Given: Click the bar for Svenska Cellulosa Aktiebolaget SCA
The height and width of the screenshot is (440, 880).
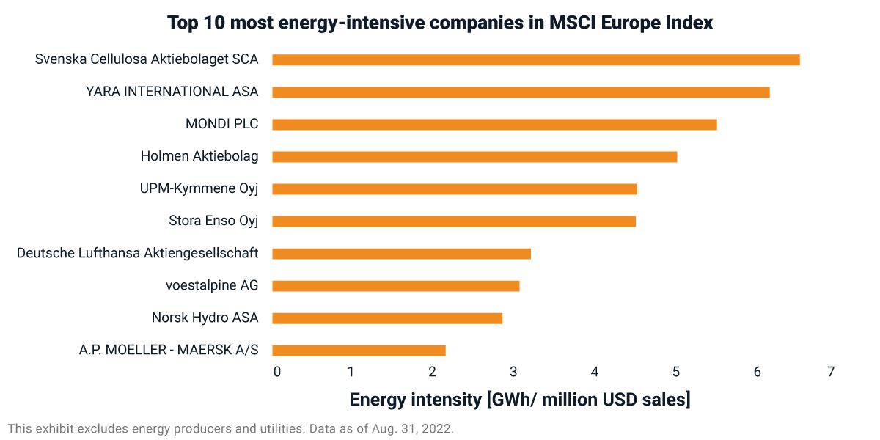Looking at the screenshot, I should (x=535, y=59).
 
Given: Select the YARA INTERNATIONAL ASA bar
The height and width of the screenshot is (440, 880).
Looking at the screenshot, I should (x=521, y=92).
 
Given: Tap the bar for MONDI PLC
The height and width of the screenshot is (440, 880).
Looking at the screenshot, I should (x=494, y=124).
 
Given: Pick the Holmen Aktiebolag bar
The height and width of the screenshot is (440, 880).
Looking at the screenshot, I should (x=474, y=156).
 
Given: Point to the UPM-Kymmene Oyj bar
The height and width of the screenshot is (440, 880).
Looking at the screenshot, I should (x=455, y=188).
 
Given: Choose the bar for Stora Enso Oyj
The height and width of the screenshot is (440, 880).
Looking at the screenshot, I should (x=454, y=221).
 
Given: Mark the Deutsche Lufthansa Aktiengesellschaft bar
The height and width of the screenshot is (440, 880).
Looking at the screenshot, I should (x=401, y=253).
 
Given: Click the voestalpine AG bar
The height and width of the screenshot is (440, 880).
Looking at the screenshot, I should (x=396, y=285).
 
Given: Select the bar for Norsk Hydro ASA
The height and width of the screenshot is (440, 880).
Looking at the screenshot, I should (x=387, y=318).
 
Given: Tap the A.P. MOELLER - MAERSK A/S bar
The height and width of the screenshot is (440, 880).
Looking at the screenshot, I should (x=359, y=350).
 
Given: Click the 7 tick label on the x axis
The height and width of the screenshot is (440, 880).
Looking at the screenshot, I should (x=831, y=372).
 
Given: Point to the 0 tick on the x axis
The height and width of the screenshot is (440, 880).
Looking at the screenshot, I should (x=277, y=372).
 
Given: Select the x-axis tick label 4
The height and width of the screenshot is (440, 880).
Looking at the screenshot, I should (x=595, y=372).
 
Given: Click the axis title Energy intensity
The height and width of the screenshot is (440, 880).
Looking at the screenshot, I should (x=519, y=400).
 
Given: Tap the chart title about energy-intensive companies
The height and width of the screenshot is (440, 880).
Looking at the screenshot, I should (x=440, y=23).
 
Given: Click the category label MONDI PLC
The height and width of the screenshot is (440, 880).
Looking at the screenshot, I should (x=221, y=124).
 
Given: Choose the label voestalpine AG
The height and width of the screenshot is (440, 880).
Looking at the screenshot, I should (x=212, y=285).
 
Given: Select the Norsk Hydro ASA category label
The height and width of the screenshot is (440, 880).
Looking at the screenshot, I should (x=205, y=318).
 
